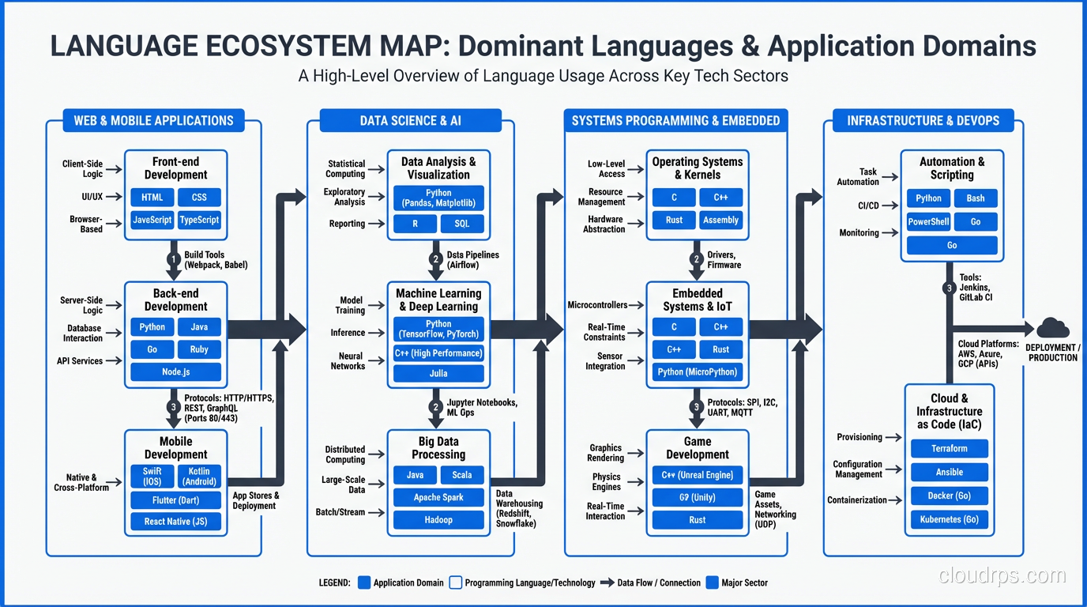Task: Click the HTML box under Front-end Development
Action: (x=152, y=197)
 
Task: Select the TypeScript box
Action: (x=199, y=220)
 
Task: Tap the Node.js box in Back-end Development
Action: (x=175, y=371)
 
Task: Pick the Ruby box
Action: (x=199, y=349)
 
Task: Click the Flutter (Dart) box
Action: (x=175, y=500)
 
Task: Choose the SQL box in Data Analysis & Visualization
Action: (x=462, y=224)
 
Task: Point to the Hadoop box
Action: (x=438, y=519)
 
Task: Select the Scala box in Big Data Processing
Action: (x=462, y=475)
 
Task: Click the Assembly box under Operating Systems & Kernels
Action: (x=720, y=220)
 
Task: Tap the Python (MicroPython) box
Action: (x=697, y=371)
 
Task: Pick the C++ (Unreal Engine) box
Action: (x=697, y=475)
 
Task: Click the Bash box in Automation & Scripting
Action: (x=976, y=198)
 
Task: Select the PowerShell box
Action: (x=928, y=222)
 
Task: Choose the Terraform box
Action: (x=949, y=448)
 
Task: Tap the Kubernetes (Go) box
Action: (x=949, y=519)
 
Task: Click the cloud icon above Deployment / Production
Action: (x=1052, y=328)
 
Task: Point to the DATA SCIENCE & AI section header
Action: (x=410, y=121)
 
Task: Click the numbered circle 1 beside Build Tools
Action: (x=174, y=259)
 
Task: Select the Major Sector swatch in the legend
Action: (x=713, y=582)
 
